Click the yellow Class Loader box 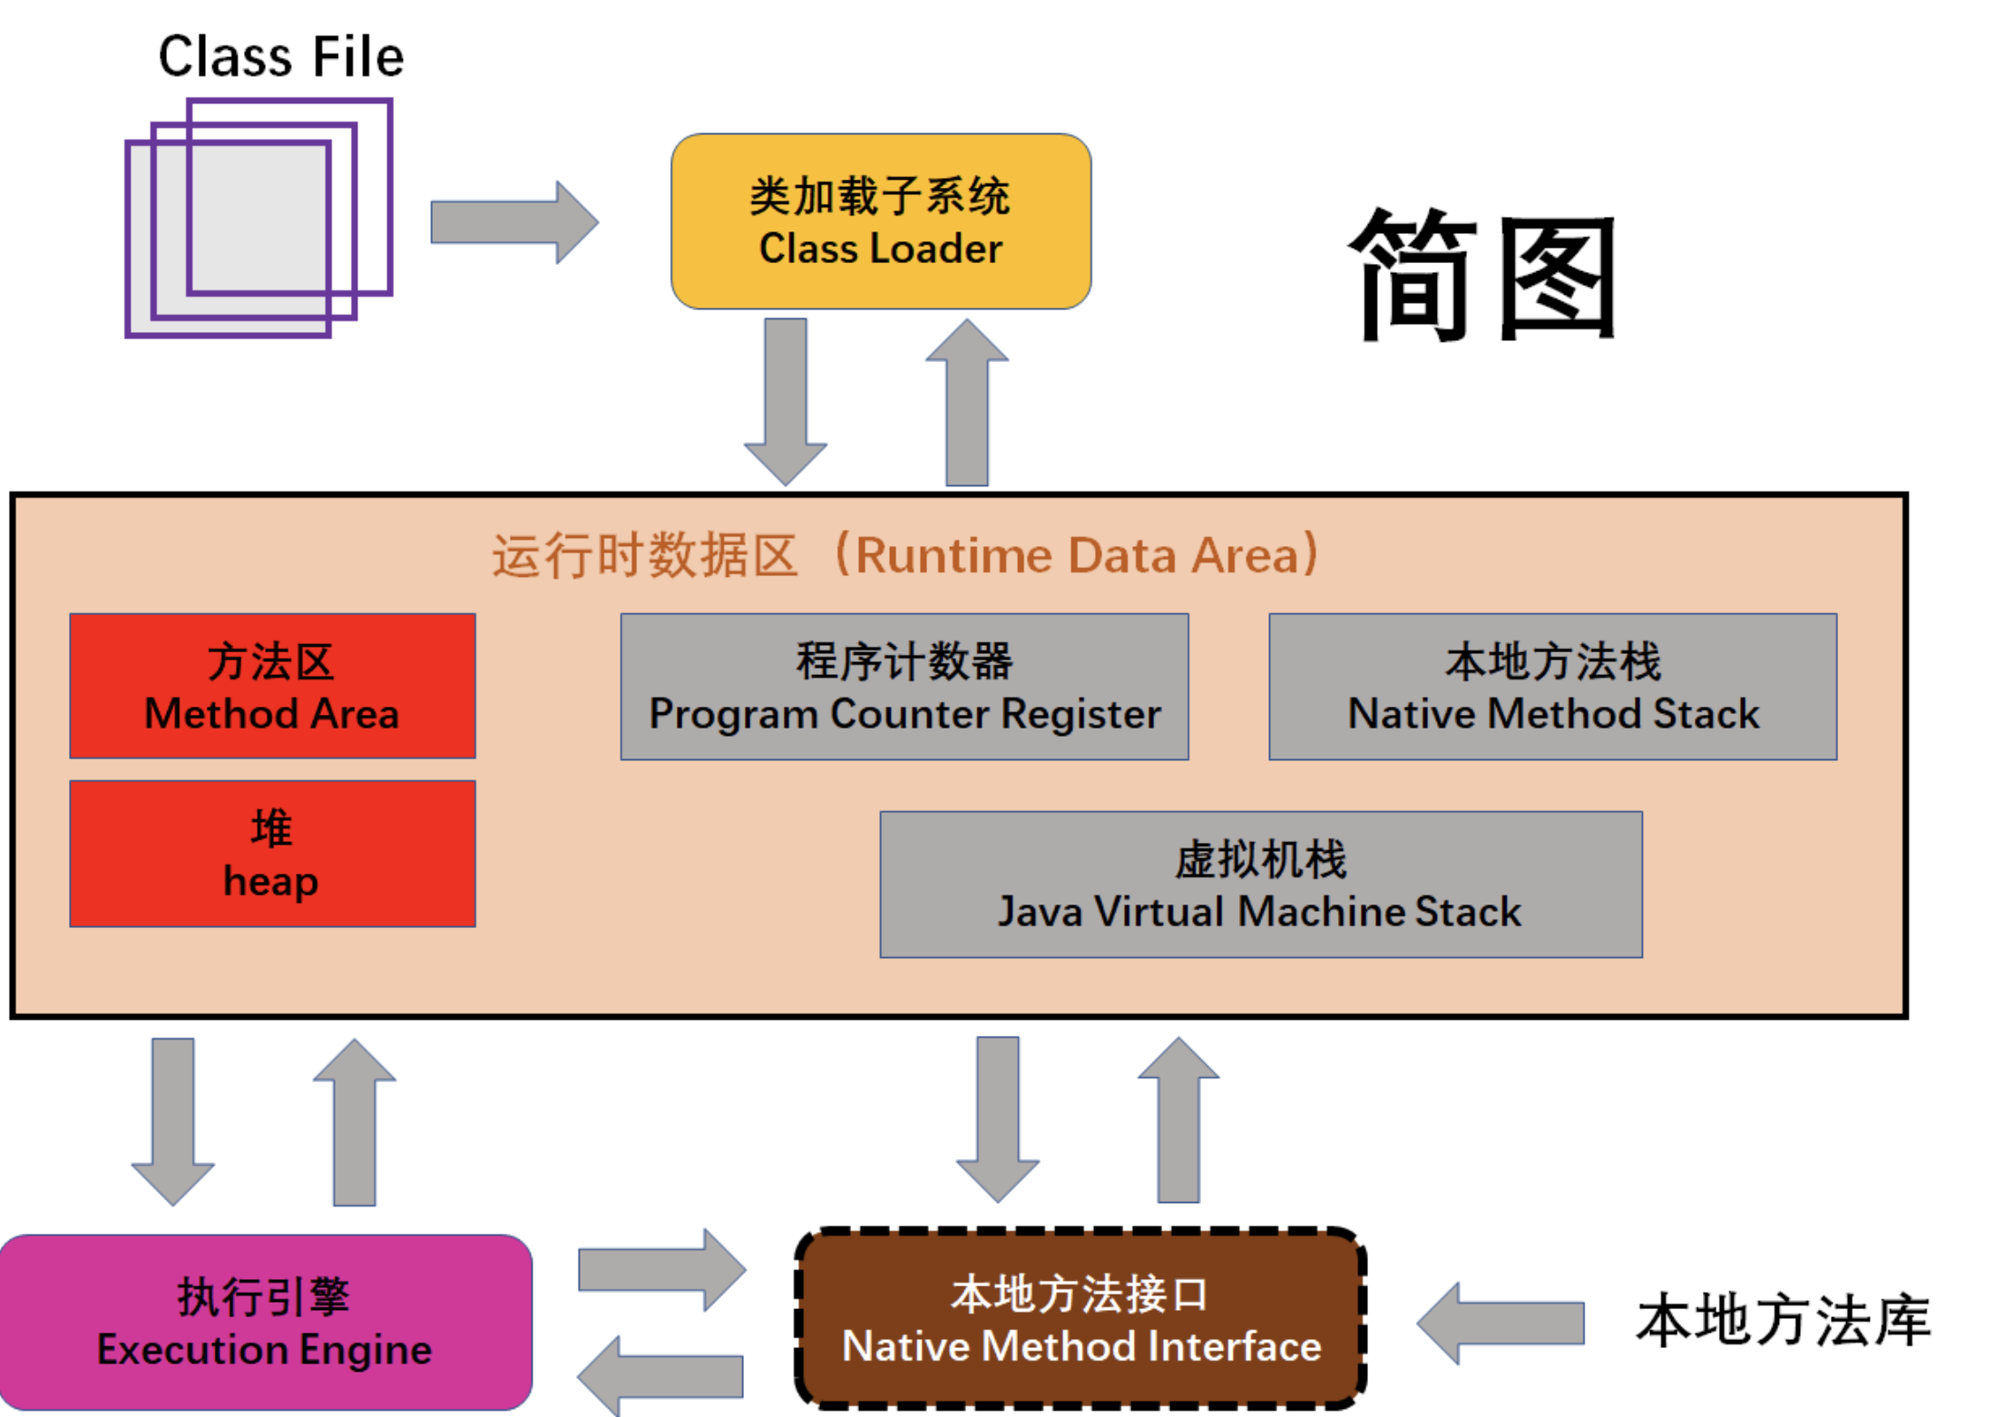[880, 221]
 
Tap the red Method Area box [272, 686]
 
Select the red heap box [272, 853]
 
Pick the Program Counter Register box [904, 686]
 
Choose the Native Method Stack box [1552, 686]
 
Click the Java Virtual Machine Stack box [1260, 884]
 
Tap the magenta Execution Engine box [265, 1321]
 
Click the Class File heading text [280, 56]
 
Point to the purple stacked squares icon [259, 218]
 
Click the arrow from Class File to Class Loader [513, 222]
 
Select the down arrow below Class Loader [785, 399]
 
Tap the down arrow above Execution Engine [172, 1120]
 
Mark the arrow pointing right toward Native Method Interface [660, 1269]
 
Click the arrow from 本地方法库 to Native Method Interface [1501, 1323]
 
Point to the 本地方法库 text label [1783, 1321]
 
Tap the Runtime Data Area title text [904, 555]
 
